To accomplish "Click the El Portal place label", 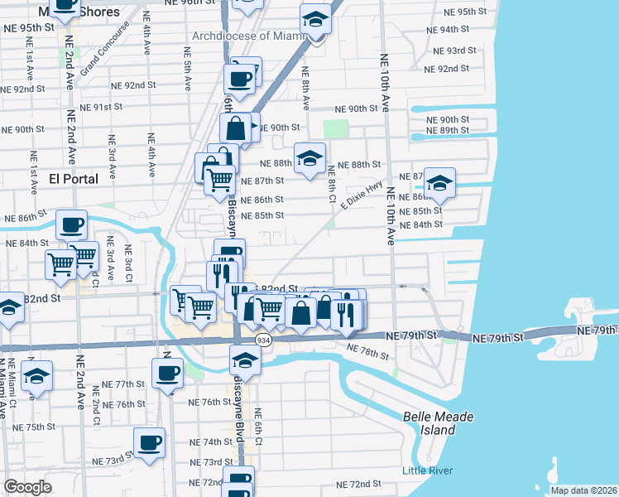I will [74, 179].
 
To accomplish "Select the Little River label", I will [426, 471].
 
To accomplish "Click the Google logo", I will [27, 487].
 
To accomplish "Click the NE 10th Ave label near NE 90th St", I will [385, 84].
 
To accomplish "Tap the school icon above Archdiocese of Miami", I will [315, 17].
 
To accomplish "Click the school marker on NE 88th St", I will [309, 158].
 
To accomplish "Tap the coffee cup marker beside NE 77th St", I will [167, 373].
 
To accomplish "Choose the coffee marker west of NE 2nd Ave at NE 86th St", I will [71, 224].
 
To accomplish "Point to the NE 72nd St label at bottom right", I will [358, 484].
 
